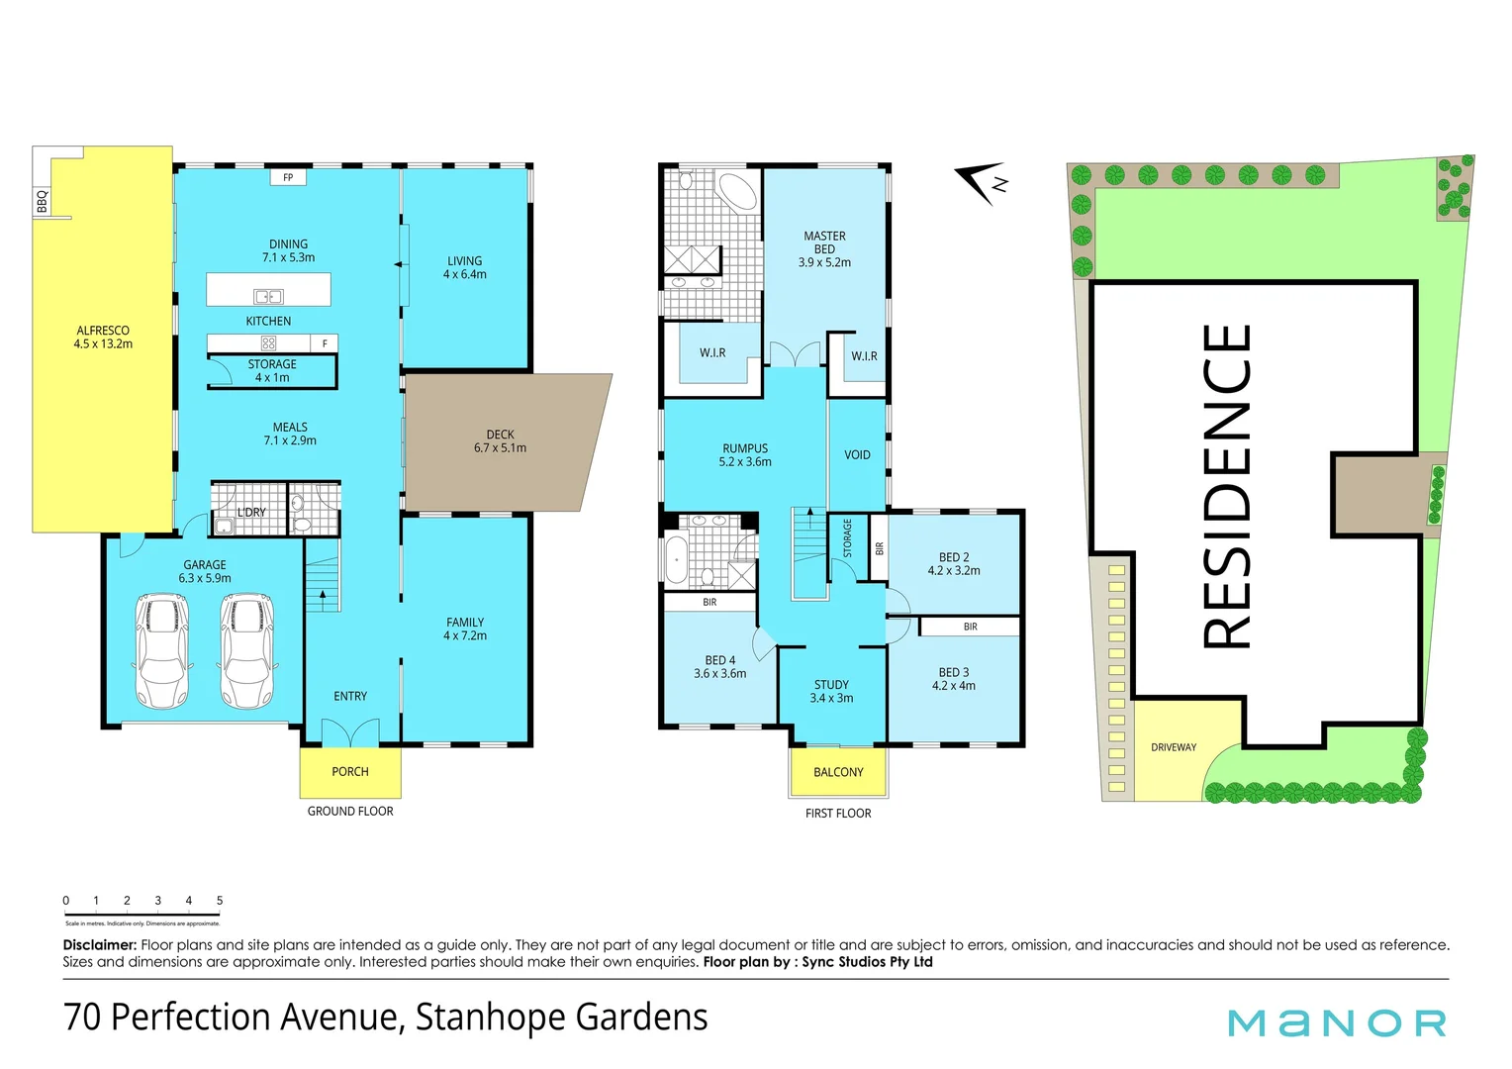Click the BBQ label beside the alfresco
[42, 202]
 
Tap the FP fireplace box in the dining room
[288, 178]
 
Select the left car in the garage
[160, 650]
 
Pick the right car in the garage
[247, 650]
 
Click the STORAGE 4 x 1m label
[272, 371]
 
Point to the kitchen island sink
[268, 296]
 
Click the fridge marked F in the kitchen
[325, 343]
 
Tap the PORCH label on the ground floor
[350, 772]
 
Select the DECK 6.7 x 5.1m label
[500, 441]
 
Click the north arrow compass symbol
[983, 183]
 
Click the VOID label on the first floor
[857, 455]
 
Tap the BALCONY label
[838, 772]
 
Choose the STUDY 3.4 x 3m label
[831, 692]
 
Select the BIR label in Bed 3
[970, 627]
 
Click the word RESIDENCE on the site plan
[1227, 486]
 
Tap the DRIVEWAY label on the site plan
[1174, 747]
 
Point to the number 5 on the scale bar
[220, 901]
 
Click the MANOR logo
[1337, 1023]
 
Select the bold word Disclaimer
[99, 945]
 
